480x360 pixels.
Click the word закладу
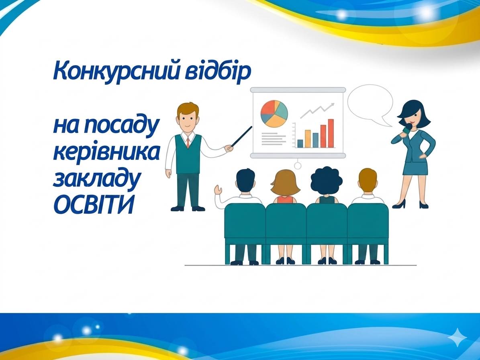[97, 179]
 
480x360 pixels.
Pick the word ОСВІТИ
[94, 204]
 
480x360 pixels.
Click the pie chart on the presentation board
[274, 114]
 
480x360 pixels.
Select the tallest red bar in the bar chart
[331, 133]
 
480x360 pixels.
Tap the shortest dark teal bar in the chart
[300, 143]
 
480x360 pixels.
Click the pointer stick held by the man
[242, 136]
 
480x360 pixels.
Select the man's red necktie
[188, 142]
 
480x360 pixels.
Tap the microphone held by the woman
[406, 129]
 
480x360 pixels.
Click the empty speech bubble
[370, 104]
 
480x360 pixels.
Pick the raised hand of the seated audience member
[218, 190]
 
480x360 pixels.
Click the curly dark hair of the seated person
[326, 181]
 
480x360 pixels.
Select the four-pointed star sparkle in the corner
[458, 337]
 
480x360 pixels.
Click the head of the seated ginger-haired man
[368, 180]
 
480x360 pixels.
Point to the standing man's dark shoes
[188, 209]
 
